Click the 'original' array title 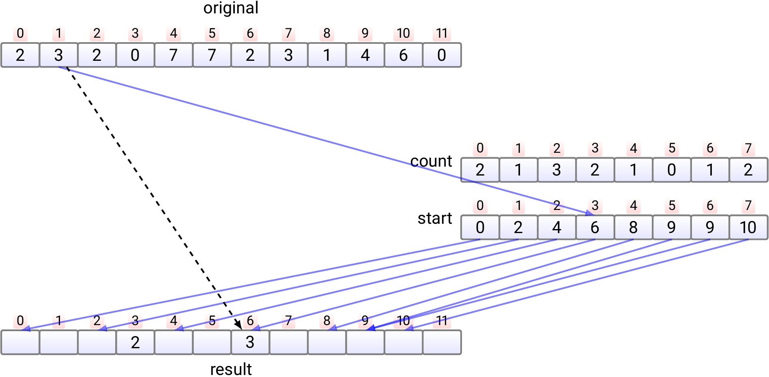pyautogui.click(x=231, y=8)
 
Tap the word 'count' pyautogui.click(x=431, y=161)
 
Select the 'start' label pyautogui.click(x=434, y=218)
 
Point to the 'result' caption pyautogui.click(x=231, y=369)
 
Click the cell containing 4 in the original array pyautogui.click(x=365, y=55)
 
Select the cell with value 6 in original pyautogui.click(x=403, y=55)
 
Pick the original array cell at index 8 pyautogui.click(x=327, y=55)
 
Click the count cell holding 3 pyautogui.click(x=556, y=170)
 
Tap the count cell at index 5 pyautogui.click(x=672, y=170)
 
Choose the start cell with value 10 pyautogui.click(x=748, y=227)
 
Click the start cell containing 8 pyautogui.click(x=633, y=227)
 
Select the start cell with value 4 pyautogui.click(x=556, y=227)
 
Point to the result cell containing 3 pyautogui.click(x=250, y=343)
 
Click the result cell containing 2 pyautogui.click(x=135, y=343)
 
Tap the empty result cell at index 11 pyautogui.click(x=442, y=343)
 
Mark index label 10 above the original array pyautogui.click(x=403, y=33)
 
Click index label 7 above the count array pyautogui.click(x=748, y=148)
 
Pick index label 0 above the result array pyautogui.click(x=20, y=321)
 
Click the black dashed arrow pyautogui.click(x=154, y=199)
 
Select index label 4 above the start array pyautogui.click(x=633, y=206)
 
